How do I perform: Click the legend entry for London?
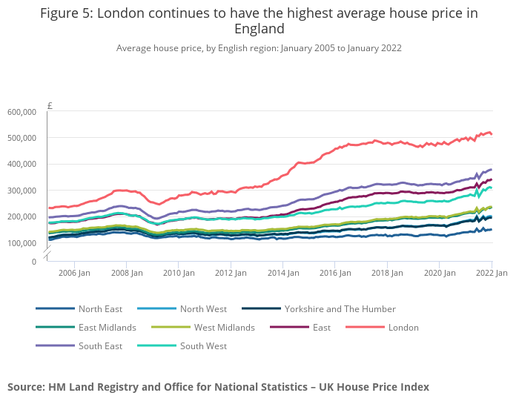pyautogui.click(x=403, y=328)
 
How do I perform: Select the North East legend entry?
pyautogui.click(x=100, y=309)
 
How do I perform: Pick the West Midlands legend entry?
pyautogui.click(x=224, y=328)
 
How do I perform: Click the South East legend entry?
pyautogui.click(x=99, y=346)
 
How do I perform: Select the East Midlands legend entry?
pyautogui.click(x=107, y=328)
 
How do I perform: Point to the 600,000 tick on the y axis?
pyautogui.click(x=22, y=112)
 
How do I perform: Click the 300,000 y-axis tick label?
pyautogui.click(x=22, y=191)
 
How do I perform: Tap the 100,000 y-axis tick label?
pyautogui.click(x=22, y=243)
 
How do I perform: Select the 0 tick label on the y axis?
pyautogui.click(x=33, y=262)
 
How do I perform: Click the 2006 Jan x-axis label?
pyautogui.click(x=75, y=274)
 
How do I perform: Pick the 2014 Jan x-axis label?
pyautogui.click(x=283, y=274)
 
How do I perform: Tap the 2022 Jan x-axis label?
pyautogui.click(x=492, y=274)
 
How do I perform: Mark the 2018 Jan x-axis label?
pyautogui.click(x=387, y=274)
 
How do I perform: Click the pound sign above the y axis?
pyautogui.click(x=50, y=106)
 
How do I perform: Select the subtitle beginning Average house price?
pyautogui.click(x=259, y=48)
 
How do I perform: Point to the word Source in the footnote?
pyautogui.click(x=27, y=387)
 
